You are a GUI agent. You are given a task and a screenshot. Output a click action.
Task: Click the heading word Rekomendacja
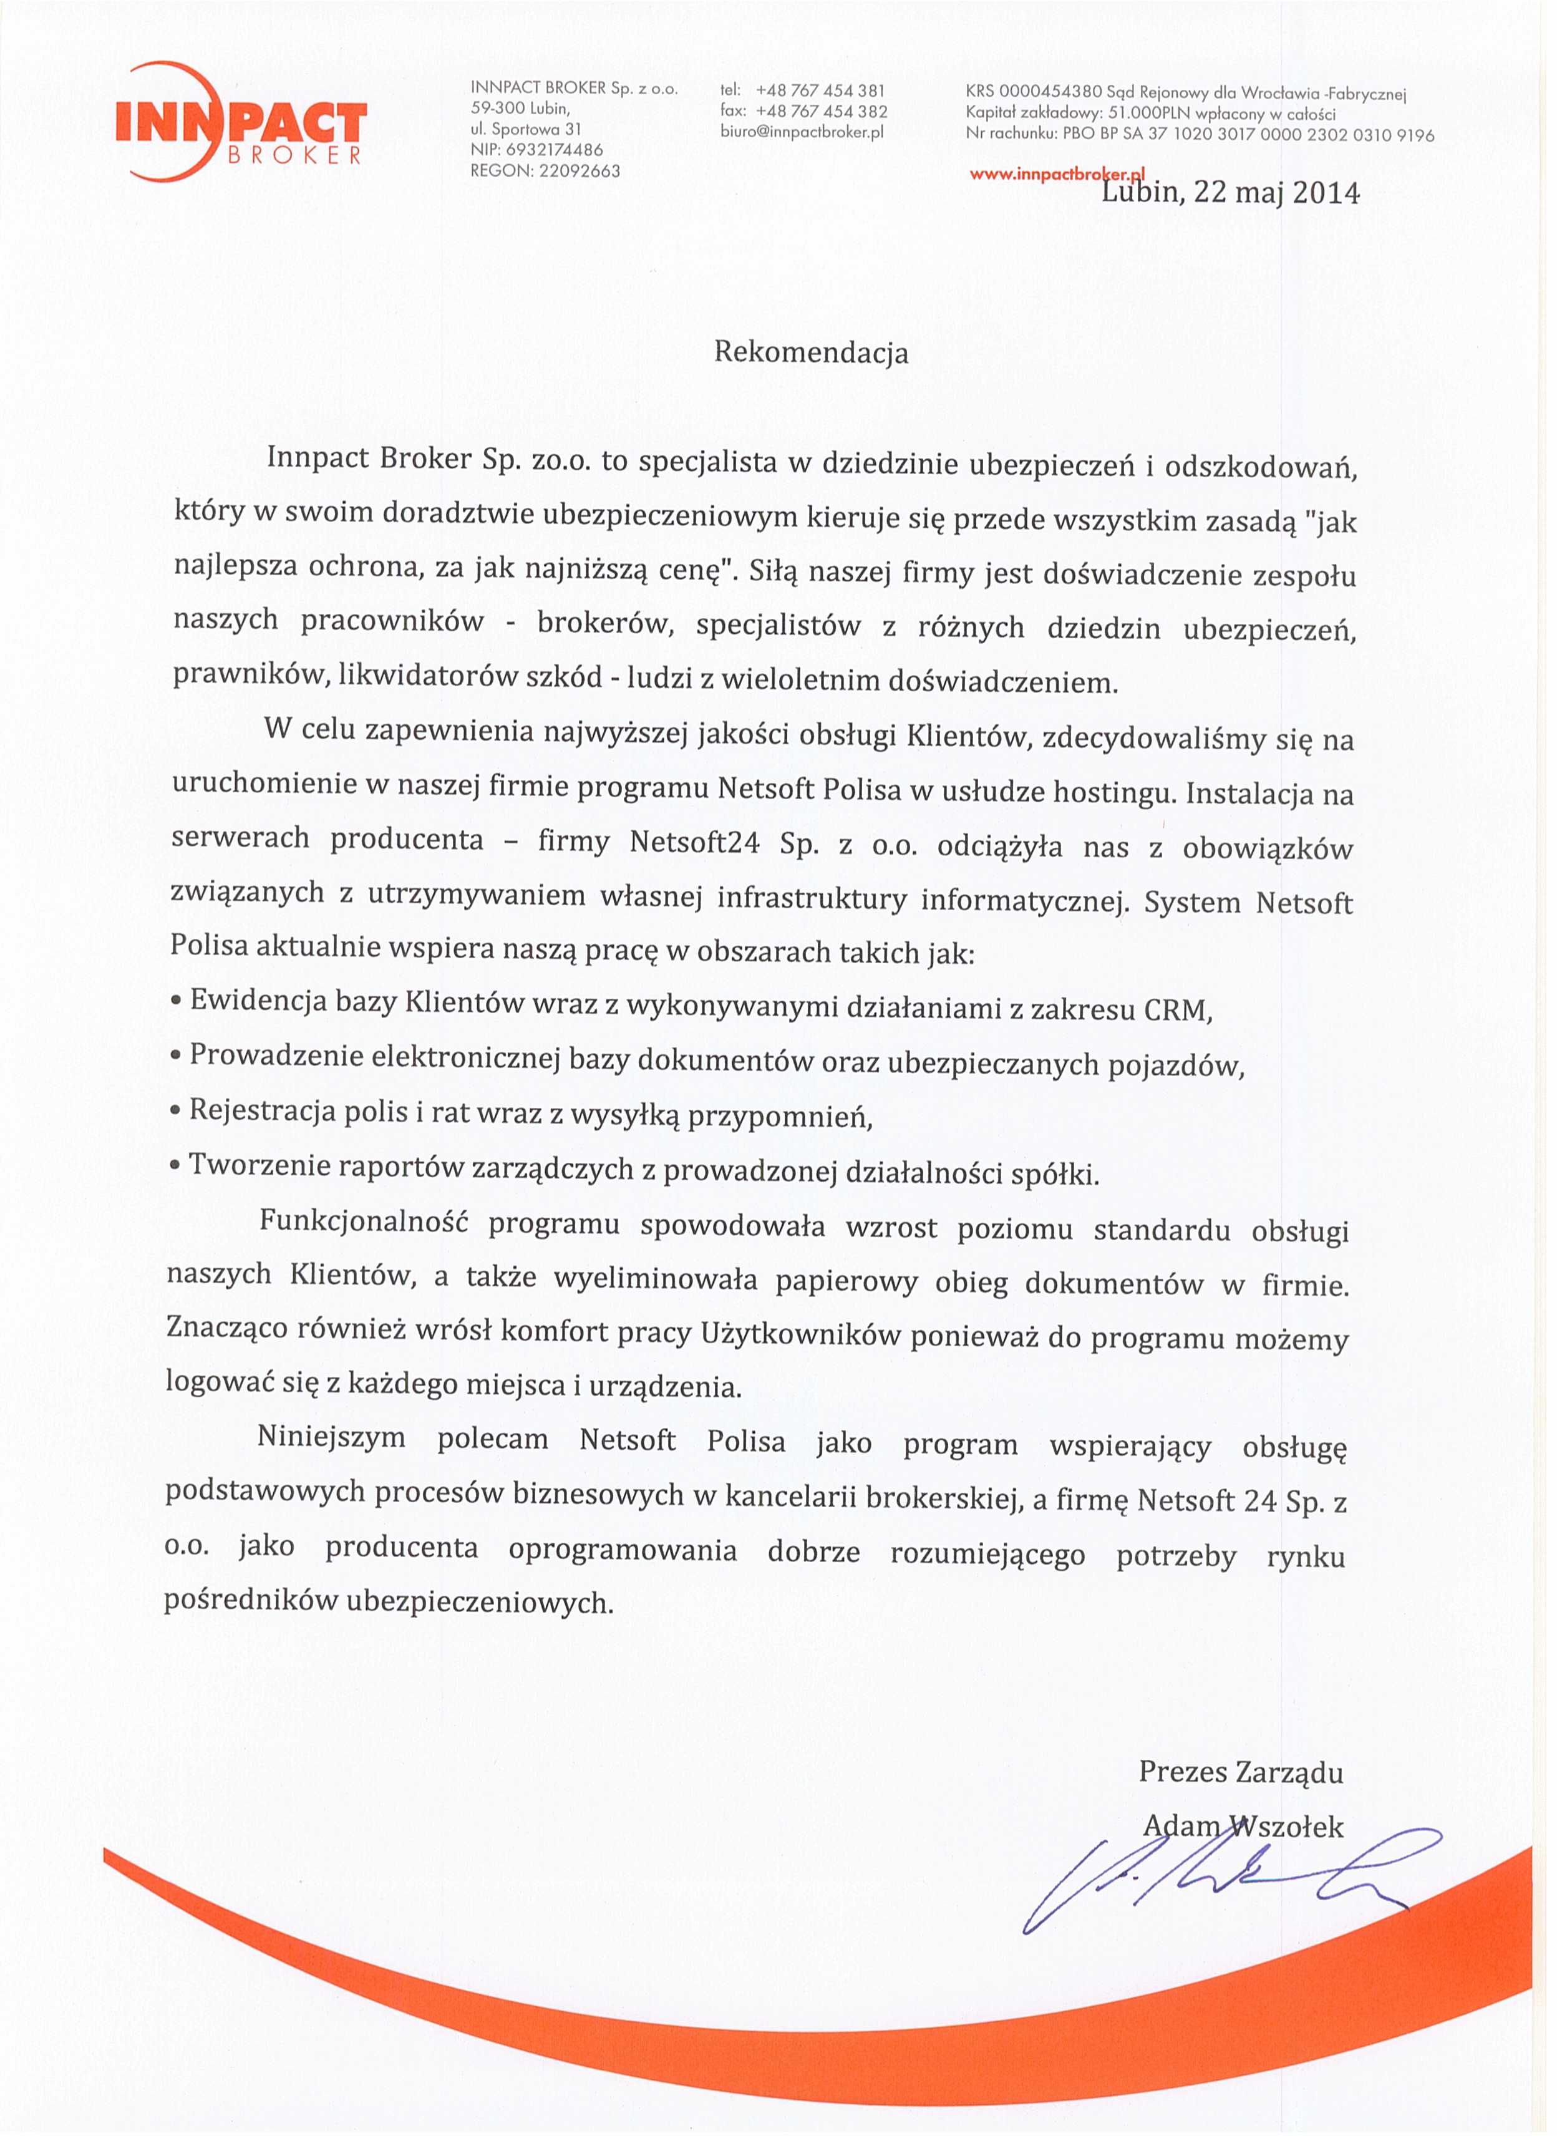tap(810, 352)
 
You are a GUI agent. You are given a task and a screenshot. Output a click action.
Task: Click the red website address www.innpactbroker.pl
tap(1055, 175)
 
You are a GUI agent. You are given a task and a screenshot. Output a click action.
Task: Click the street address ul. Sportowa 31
tap(526, 129)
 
